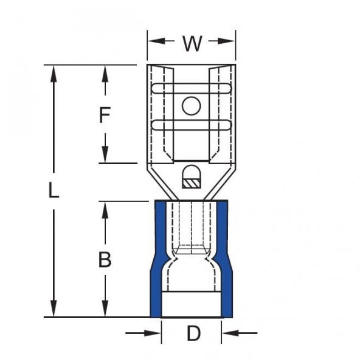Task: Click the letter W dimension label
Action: (192, 43)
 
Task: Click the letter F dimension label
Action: (105, 114)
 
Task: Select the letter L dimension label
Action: (54, 190)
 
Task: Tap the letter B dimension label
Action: (105, 260)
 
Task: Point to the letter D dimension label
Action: (193, 333)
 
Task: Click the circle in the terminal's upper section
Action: (191, 106)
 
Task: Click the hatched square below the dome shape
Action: (191, 184)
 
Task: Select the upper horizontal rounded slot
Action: (192, 89)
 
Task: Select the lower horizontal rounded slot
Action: (192, 125)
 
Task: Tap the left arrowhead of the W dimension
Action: (156, 41)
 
